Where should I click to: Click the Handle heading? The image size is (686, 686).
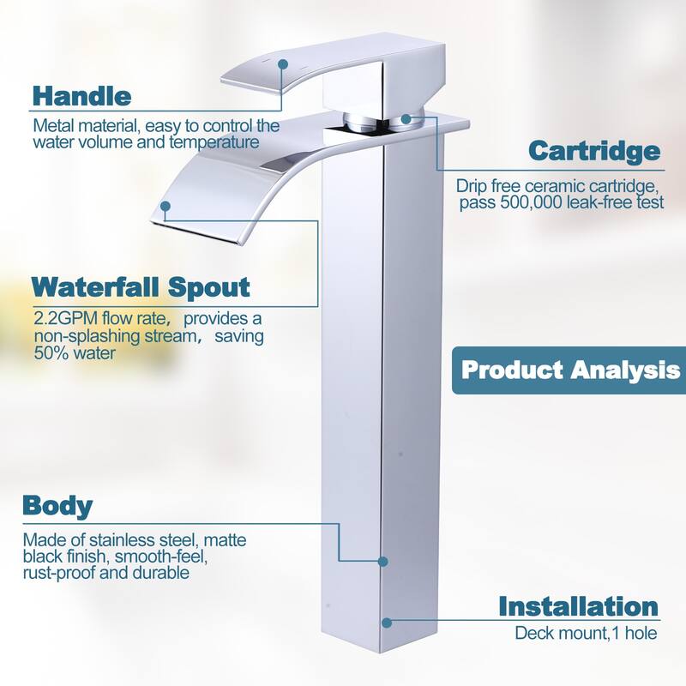(x=81, y=96)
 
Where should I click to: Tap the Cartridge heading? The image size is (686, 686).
(x=594, y=151)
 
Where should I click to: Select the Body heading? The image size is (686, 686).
(x=57, y=506)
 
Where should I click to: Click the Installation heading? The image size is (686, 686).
(x=578, y=607)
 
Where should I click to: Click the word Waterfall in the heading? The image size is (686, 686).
(x=96, y=287)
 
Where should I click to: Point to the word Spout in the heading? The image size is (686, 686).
(x=209, y=288)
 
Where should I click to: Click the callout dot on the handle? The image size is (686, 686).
(x=283, y=64)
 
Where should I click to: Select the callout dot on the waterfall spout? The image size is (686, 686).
(x=165, y=206)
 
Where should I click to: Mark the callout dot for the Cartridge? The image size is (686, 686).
(x=406, y=118)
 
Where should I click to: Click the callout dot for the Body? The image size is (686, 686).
(x=382, y=562)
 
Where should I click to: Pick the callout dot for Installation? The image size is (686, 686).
(x=387, y=623)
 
